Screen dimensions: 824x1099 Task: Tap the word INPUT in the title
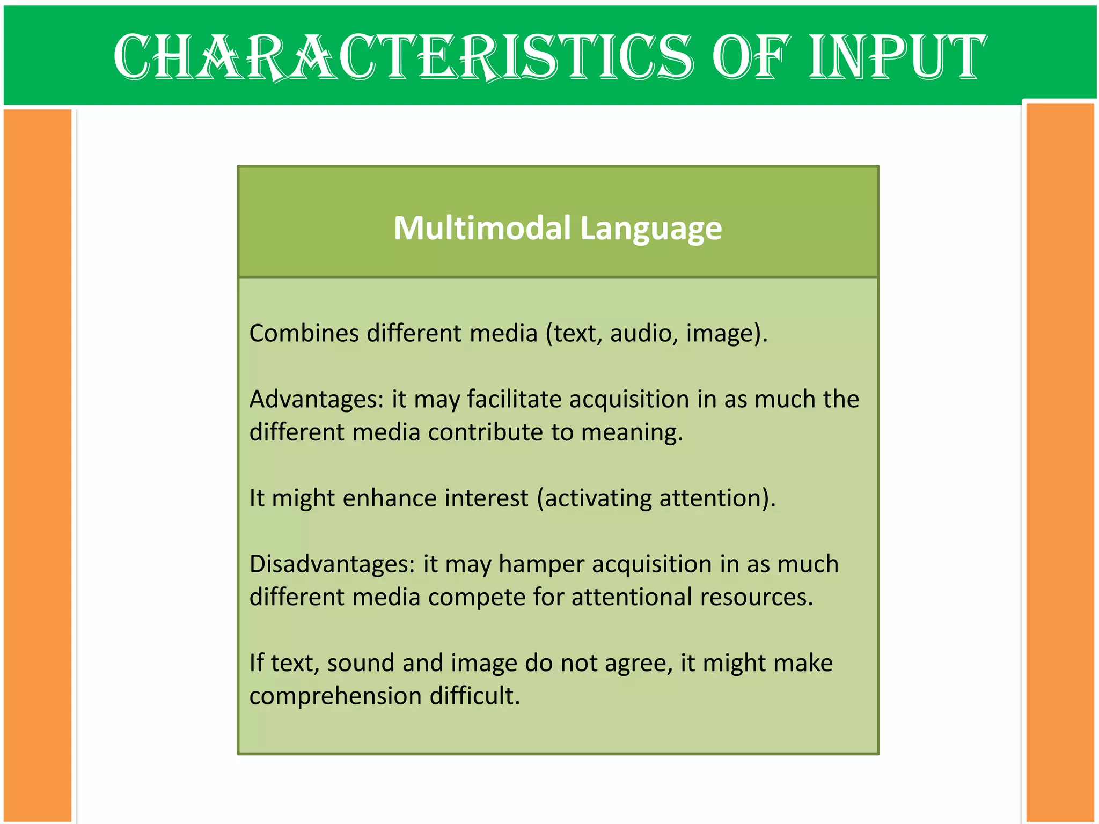897,57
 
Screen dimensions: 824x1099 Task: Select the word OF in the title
751,57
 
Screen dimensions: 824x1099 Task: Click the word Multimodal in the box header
482,228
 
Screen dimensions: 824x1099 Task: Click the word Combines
304,333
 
